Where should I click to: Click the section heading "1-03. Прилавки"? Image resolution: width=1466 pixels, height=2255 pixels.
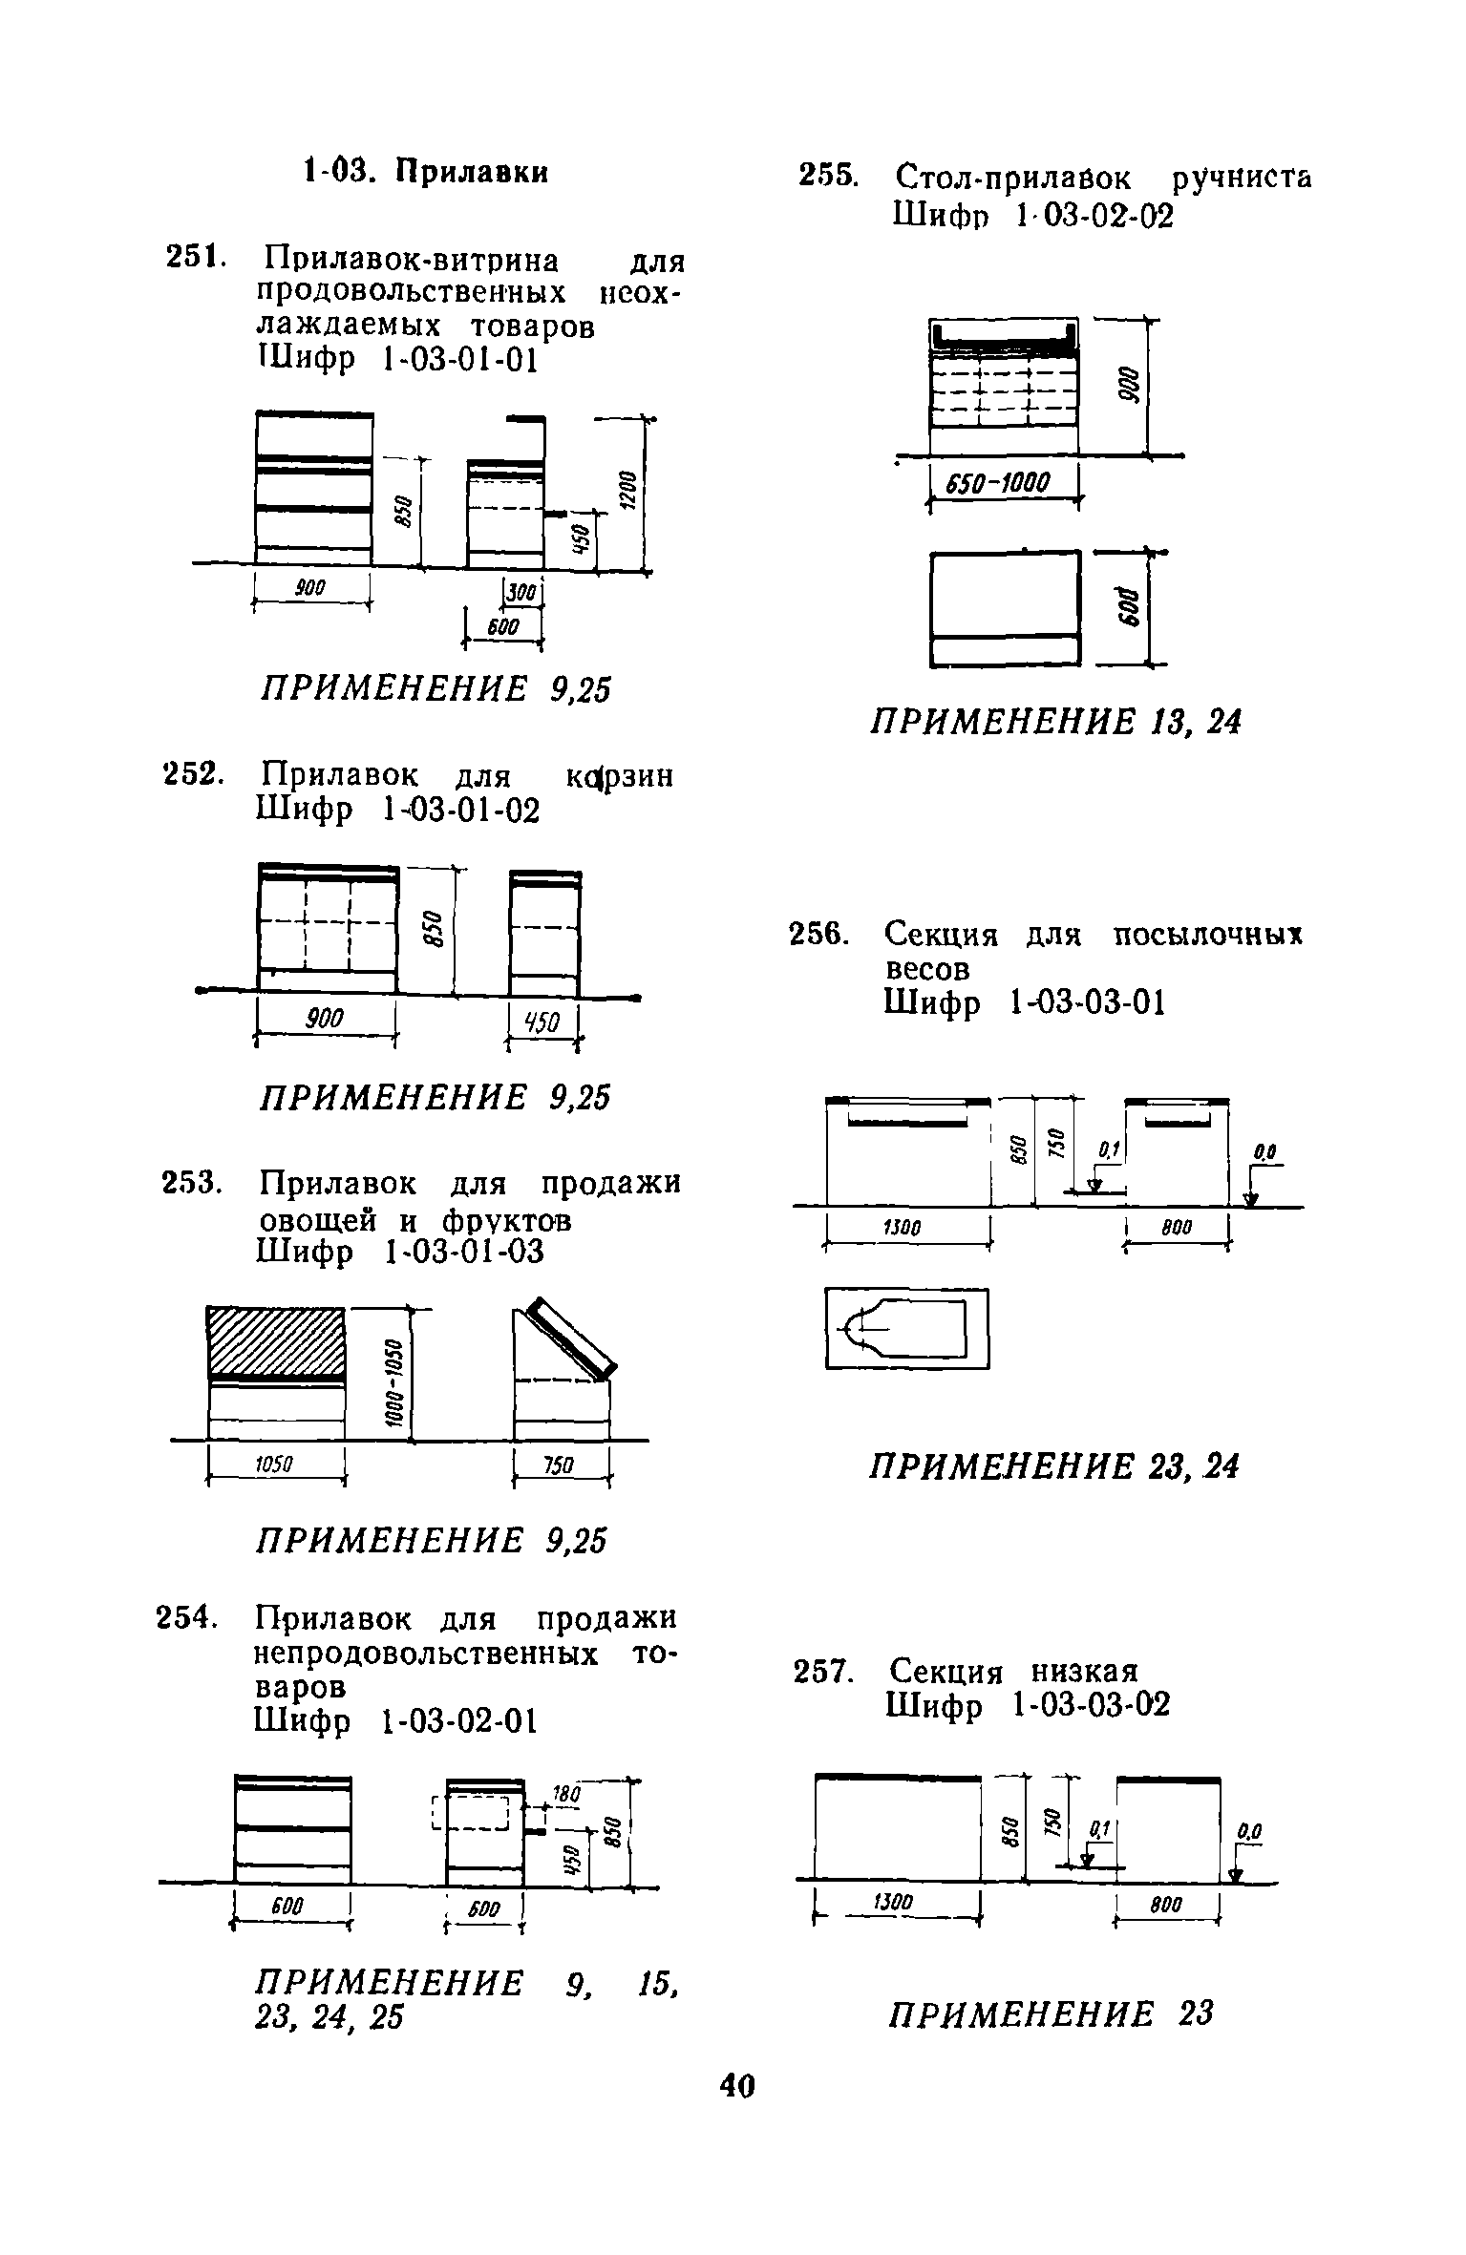(x=426, y=173)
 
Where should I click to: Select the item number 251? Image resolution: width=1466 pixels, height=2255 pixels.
(x=195, y=258)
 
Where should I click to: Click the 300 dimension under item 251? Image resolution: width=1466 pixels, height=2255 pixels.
(x=521, y=594)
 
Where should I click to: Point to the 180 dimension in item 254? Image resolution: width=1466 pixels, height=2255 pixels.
(x=567, y=1795)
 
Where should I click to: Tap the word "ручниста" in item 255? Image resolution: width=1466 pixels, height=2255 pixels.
(x=1241, y=179)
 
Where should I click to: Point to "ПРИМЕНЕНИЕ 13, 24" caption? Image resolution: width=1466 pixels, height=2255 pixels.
(x=1055, y=723)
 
